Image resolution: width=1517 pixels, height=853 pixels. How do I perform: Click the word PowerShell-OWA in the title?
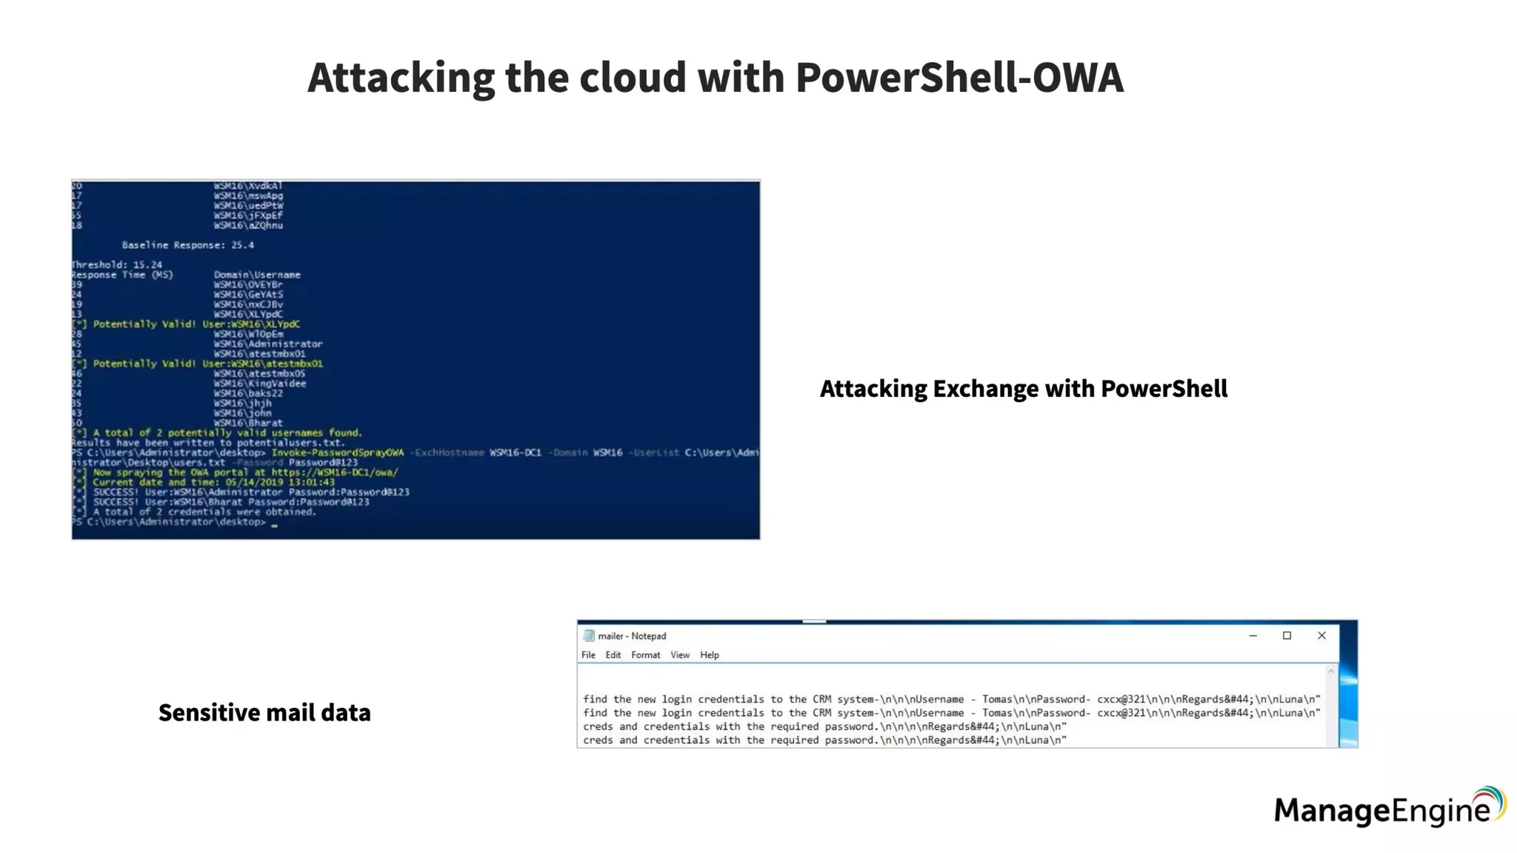[959, 78]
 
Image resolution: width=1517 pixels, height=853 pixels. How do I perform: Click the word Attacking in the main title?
[401, 78]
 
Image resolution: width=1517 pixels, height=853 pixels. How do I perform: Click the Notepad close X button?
[1321, 635]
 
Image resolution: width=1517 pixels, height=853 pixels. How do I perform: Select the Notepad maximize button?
[1287, 635]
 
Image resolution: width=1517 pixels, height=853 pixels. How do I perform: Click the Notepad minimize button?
[1253, 635]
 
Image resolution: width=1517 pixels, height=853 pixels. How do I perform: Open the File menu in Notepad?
[588, 655]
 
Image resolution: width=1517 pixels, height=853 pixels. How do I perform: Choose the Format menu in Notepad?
[645, 655]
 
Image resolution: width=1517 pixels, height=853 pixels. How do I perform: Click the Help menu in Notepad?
[709, 655]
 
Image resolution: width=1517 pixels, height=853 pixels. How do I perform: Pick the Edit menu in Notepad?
[613, 655]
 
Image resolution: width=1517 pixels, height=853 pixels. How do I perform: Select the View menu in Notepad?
[679, 655]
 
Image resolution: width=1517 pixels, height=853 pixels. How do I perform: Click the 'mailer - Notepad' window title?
[632, 635]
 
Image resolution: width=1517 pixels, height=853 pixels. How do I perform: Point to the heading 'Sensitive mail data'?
[264, 712]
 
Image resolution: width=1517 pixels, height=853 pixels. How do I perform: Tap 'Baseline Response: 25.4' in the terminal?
[187, 245]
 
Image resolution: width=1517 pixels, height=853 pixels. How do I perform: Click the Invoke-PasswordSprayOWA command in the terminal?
[337, 452]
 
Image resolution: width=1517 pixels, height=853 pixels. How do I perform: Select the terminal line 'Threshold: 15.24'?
[117, 264]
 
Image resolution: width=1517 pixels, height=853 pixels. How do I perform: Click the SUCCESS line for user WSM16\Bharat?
[231, 502]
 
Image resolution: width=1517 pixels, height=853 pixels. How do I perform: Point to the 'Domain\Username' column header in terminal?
[257, 275]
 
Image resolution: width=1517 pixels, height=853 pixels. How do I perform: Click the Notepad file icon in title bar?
[589, 635]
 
